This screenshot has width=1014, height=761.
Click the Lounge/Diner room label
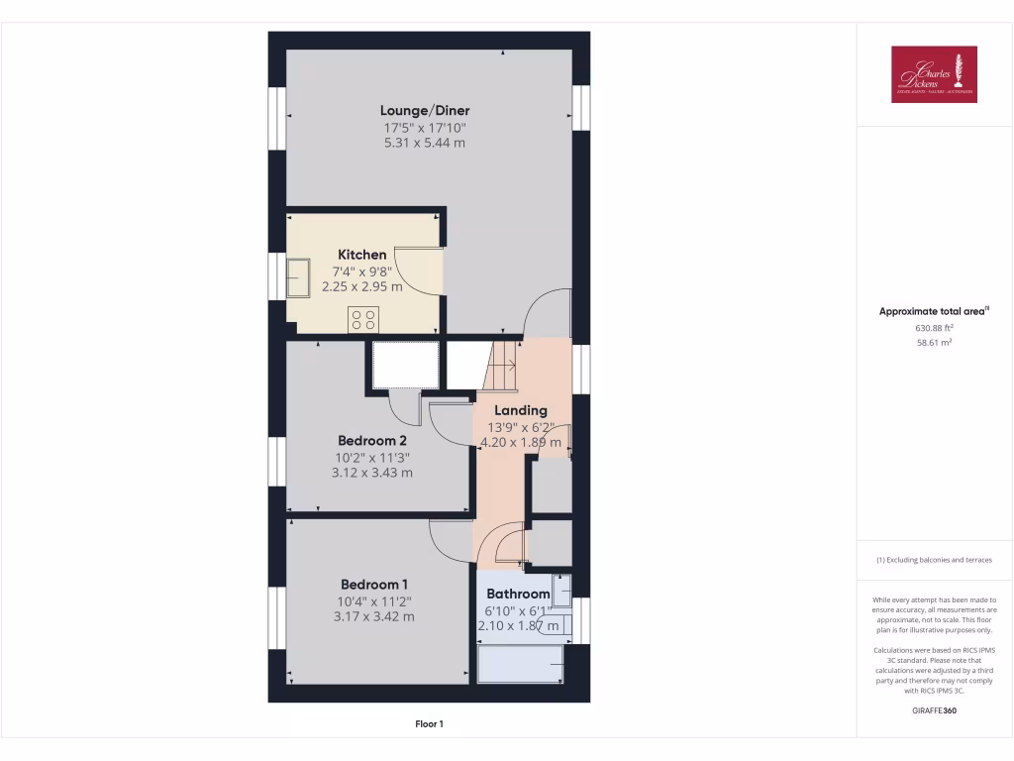(x=425, y=111)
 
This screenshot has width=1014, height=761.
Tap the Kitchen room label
(x=362, y=255)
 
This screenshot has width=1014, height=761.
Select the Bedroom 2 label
(x=371, y=440)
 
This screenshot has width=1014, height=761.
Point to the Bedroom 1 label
(x=373, y=585)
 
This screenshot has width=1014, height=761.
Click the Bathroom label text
(x=518, y=595)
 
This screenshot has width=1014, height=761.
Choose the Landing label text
(x=521, y=410)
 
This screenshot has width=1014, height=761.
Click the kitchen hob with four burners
(x=363, y=319)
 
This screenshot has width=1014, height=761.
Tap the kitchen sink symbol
(x=298, y=277)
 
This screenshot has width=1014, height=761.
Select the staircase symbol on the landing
(x=501, y=365)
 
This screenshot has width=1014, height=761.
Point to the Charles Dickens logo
(x=934, y=74)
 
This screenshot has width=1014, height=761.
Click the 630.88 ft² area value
(x=935, y=327)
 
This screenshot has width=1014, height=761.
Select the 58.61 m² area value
(x=935, y=342)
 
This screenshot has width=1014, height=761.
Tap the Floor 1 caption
(x=429, y=724)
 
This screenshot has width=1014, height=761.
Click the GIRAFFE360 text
(x=934, y=710)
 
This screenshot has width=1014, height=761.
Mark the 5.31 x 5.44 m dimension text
(x=425, y=143)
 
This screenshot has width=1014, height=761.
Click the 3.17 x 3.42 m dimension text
(x=373, y=616)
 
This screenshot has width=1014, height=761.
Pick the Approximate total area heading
(x=934, y=311)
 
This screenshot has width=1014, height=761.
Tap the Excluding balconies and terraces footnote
(x=934, y=560)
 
